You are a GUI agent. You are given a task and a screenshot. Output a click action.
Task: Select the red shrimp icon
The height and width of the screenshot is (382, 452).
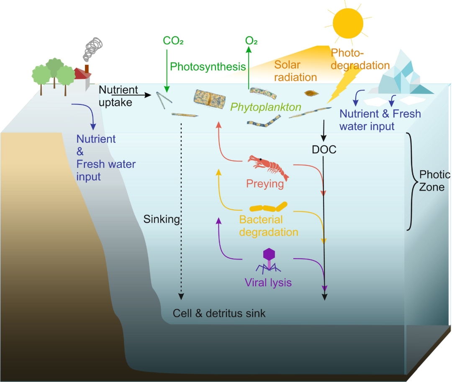(268, 166)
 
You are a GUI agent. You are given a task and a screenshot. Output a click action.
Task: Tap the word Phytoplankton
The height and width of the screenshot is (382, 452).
(266, 107)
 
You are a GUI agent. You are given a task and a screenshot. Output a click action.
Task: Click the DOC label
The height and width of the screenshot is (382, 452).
(324, 149)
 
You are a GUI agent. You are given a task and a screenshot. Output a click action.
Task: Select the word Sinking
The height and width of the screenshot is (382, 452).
(161, 219)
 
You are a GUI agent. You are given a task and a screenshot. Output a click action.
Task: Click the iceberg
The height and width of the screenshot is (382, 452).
(403, 75)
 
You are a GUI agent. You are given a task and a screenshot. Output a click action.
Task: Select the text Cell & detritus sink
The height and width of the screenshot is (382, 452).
(219, 313)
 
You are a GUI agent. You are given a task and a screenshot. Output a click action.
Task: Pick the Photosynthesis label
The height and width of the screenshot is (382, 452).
(208, 66)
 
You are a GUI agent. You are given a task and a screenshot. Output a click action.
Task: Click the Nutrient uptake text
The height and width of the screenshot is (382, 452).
(118, 96)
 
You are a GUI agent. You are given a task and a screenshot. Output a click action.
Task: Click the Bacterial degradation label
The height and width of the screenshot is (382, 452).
(268, 226)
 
